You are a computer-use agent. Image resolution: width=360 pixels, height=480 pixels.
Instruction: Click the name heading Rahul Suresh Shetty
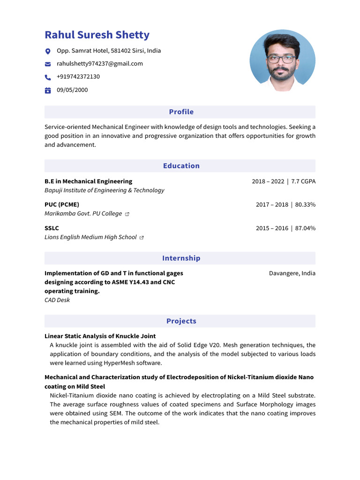point(97,35)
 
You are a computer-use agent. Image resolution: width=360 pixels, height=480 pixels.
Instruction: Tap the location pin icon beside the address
point(47,51)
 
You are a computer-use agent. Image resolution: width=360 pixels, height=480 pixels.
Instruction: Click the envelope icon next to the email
point(47,64)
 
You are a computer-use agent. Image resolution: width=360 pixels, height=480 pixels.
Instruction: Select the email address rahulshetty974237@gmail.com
point(100,64)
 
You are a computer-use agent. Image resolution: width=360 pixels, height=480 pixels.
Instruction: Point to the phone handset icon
point(47,77)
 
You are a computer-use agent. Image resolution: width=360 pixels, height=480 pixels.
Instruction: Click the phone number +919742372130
point(78,77)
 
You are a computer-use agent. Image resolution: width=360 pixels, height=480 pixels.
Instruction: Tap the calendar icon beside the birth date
point(47,90)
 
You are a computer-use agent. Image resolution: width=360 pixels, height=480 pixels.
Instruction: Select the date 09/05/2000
point(72,90)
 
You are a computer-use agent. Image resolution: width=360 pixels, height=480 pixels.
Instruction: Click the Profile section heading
point(181,112)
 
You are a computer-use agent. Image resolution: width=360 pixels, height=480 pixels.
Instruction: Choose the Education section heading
point(181,166)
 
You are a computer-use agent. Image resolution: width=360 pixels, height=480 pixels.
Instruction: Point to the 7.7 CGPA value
point(303,181)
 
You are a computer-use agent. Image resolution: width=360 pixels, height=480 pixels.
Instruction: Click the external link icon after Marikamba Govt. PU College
point(127,214)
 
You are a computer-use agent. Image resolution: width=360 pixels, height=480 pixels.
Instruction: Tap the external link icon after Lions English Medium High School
point(142,238)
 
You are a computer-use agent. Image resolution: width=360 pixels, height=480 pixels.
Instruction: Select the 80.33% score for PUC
point(305,205)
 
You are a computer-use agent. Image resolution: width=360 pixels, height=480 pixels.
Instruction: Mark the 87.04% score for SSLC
point(305,228)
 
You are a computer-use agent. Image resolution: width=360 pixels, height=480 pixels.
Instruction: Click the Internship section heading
point(181,258)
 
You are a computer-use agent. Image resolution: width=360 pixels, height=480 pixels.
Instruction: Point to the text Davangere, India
point(292,273)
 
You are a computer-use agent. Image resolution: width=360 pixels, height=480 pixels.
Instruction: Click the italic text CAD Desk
point(57,300)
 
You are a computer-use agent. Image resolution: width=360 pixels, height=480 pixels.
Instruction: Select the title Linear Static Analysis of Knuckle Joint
point(100,336)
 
